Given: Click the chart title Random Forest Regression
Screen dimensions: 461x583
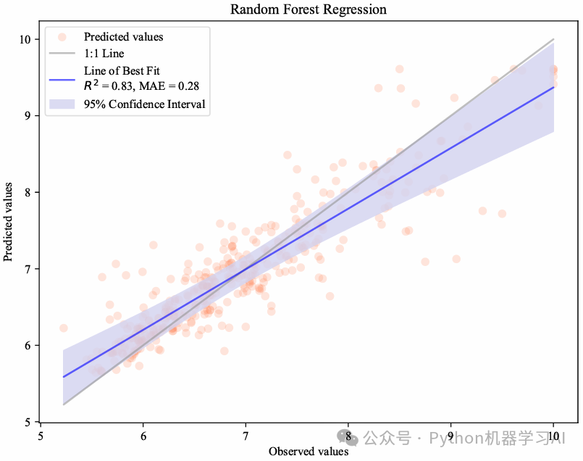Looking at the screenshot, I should point(309,9).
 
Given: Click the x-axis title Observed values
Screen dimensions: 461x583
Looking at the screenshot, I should point(309,451).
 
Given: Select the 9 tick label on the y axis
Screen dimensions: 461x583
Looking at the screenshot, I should point(28,116).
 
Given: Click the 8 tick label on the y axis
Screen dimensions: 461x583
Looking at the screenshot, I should point(28,192).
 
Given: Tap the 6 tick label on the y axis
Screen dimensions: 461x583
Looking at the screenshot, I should point(28,346).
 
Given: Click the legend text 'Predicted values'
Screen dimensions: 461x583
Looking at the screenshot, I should point(123,37).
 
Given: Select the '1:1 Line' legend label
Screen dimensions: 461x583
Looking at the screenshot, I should point(104,54).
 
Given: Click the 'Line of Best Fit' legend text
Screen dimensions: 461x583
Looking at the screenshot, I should point(122,70).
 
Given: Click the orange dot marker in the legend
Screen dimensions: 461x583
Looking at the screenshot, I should point(63,36).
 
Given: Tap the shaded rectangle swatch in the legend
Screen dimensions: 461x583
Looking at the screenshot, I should point(63,104).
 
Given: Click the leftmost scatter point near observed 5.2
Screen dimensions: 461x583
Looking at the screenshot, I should point(63,328).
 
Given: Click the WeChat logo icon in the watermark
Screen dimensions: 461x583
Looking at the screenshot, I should point(345,437).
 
